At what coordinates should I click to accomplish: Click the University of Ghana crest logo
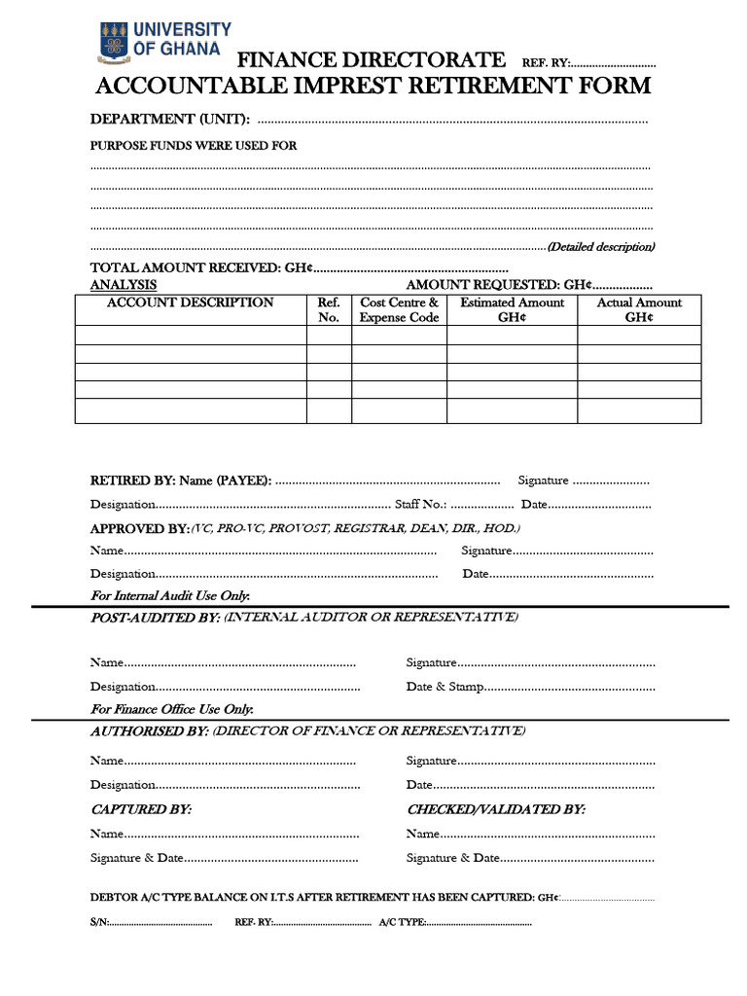point(114,40)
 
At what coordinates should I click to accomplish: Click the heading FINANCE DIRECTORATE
point(372,60)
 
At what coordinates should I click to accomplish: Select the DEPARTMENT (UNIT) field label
point(170,120)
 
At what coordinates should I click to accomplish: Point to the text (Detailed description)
point(600,247)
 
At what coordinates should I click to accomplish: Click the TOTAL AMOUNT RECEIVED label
point(200,267)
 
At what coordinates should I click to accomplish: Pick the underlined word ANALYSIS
point(124,285)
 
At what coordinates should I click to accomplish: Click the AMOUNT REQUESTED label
point(498,285)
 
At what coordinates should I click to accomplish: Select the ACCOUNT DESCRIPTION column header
point(190,302)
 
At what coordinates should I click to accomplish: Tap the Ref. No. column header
point(329,310)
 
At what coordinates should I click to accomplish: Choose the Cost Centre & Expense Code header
point(399,310)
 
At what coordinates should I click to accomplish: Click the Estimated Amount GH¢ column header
point(512,310)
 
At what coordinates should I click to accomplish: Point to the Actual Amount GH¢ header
point(639,310)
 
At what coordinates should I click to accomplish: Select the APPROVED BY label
point(139,528)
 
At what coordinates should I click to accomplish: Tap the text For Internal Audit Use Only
point(170,595)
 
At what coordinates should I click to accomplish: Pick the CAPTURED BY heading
point(141,809)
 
